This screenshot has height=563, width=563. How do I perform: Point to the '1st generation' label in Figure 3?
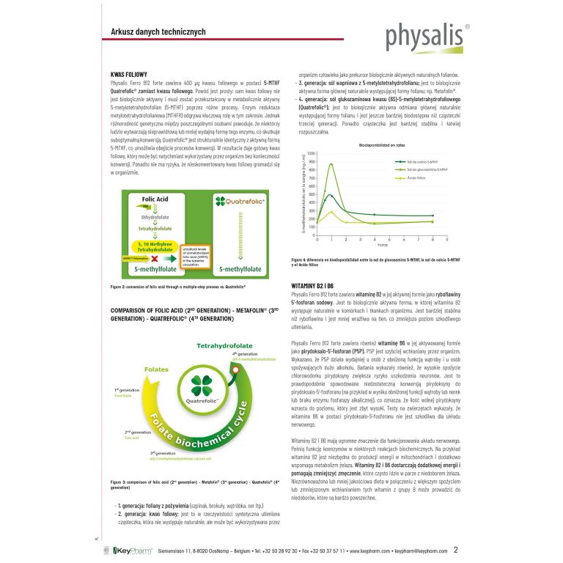pos(126,390)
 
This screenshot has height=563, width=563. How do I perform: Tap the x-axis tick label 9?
pos(446,240)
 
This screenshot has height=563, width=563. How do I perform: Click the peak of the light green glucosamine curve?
pos(331,164)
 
